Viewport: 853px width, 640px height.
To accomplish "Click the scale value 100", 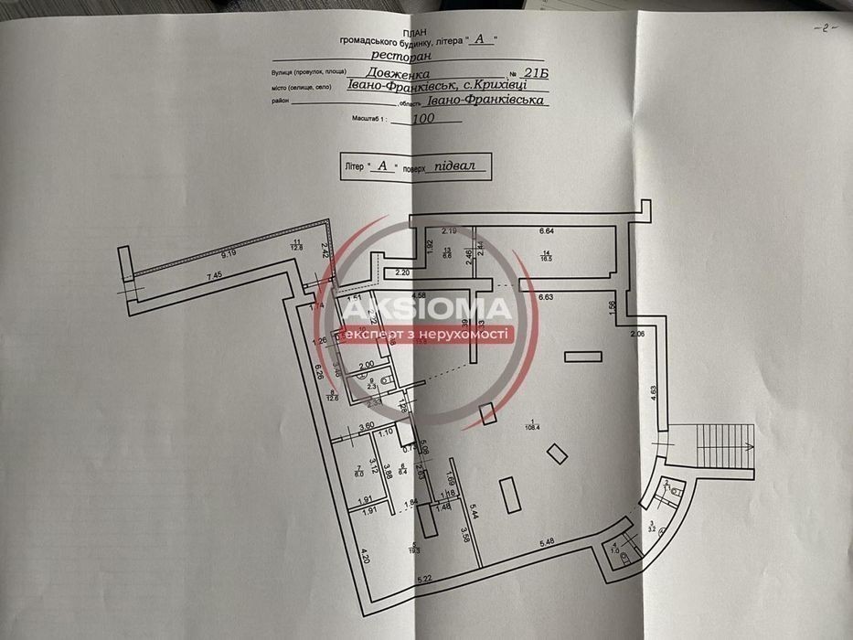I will tap(424, 118).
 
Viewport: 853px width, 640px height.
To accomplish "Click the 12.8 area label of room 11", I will tap(296, 247).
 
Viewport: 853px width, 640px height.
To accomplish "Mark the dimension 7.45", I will tap(215, 276).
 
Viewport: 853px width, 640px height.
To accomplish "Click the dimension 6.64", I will tap(548, 231).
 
